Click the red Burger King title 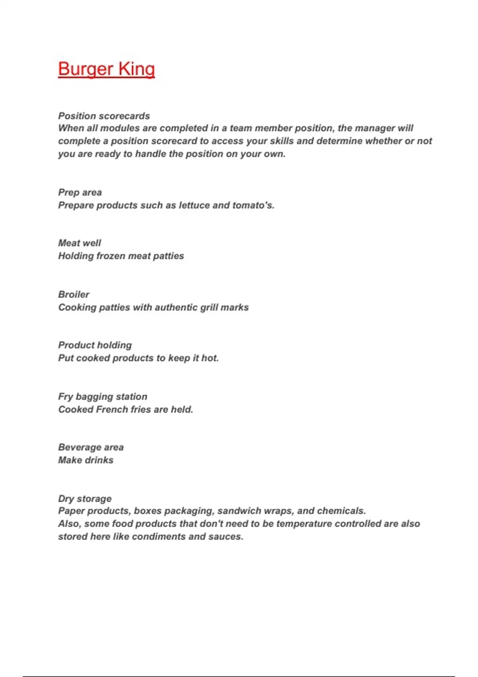(106, 69)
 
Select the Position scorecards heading (104, 116)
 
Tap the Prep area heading (80, 192)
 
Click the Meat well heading (79, 243)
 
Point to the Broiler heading (74, 294)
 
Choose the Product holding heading (95, 345)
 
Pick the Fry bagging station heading (103, 397)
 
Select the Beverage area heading (91, 447)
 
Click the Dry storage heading (85, 499)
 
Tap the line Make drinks (86, 460)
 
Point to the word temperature (304, 524)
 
